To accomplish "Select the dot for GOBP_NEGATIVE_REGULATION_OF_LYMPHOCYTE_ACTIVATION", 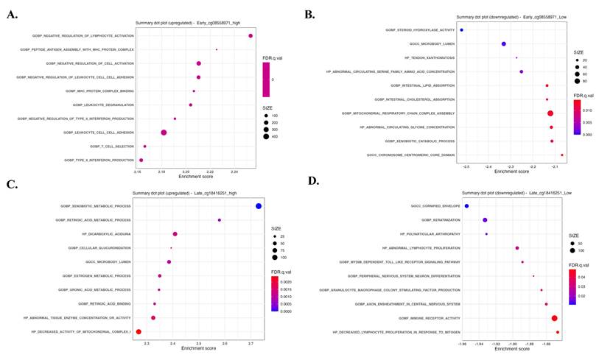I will click(x=251, y=36).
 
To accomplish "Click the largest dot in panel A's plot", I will click(x=164, y=133).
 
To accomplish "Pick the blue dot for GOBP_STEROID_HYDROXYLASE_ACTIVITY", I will click(x=462, y=30).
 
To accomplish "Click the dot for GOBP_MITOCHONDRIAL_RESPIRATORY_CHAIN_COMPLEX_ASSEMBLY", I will click(x=550, y=113).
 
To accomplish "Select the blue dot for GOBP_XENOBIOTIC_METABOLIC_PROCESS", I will click(x=259, y=206).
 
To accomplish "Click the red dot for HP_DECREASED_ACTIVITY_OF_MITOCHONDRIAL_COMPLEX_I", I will click(x=139, y=332).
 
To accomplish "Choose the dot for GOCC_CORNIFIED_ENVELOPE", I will click(x=466, y=206).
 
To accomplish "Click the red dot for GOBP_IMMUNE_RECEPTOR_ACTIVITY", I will click(x=554, y=318).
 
